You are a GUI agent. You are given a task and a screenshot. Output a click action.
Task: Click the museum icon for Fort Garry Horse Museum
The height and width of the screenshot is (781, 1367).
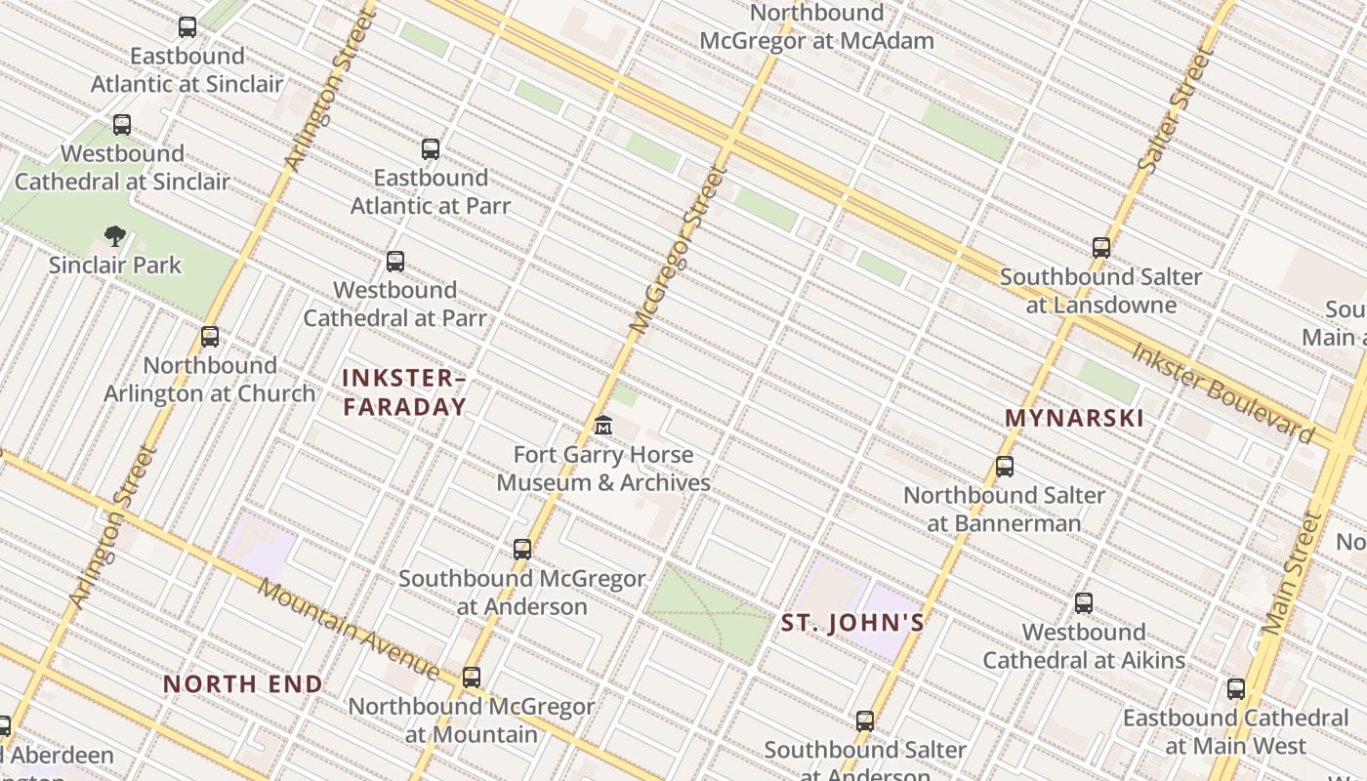tap(603, 426)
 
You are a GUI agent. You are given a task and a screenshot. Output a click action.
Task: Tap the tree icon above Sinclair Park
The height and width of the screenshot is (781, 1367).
tap(115, 235)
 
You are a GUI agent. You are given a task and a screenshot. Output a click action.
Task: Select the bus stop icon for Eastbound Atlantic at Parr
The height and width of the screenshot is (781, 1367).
tap(431, 149)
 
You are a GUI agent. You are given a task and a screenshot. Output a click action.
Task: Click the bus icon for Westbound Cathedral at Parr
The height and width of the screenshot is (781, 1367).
tap(395, 262)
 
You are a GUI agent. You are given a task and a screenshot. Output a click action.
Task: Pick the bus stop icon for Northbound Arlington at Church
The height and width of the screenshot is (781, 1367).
tap(210, 337)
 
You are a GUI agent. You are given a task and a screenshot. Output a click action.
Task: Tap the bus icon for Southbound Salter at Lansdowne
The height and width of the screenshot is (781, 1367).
tap(1101, 248)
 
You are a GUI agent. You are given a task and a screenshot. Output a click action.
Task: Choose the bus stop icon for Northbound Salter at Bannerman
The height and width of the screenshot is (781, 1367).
tap(1005, 467)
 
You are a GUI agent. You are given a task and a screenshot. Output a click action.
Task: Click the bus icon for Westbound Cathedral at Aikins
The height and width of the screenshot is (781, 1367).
tap(1084, 603)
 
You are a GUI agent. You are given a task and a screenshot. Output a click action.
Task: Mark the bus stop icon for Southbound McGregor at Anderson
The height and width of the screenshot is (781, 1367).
tap(522, 550)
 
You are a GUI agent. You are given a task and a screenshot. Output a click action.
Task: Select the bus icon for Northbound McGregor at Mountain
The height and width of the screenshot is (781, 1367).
tap(472, 677)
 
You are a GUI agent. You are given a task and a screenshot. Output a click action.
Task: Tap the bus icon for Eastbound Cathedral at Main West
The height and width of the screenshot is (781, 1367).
tap(1236, 689)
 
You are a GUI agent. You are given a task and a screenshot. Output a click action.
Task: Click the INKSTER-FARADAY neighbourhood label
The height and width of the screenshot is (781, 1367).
tap(404, 392)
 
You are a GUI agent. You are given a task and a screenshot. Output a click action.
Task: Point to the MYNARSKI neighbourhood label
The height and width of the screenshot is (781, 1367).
tap(1074, 419)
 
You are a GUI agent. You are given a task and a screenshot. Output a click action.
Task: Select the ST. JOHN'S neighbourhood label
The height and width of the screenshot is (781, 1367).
tap(852, 623)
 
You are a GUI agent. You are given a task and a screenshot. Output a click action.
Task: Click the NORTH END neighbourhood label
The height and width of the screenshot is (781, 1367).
tap(243, 684)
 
